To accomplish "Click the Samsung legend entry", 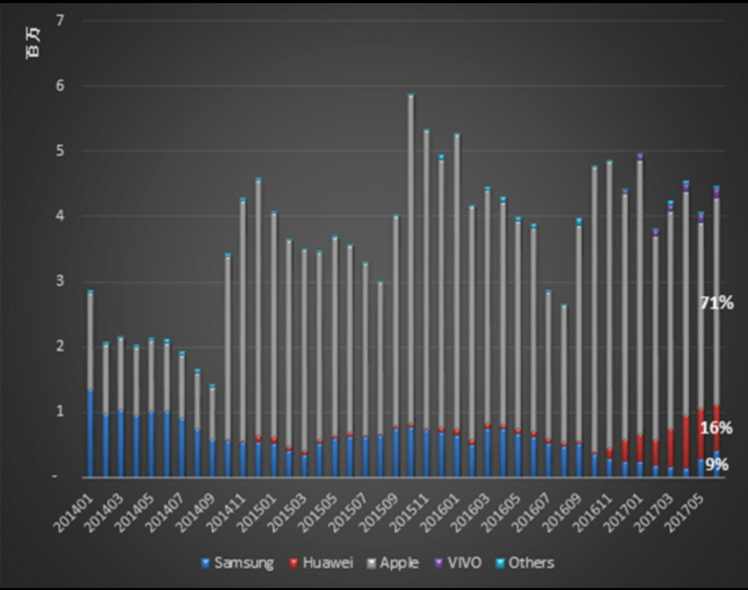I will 238,563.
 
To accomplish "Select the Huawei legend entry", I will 321,563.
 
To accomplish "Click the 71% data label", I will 716,303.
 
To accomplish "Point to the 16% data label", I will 716,428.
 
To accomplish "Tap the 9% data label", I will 717,465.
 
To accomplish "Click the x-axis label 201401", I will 74,512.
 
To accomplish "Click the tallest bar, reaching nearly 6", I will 411,260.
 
